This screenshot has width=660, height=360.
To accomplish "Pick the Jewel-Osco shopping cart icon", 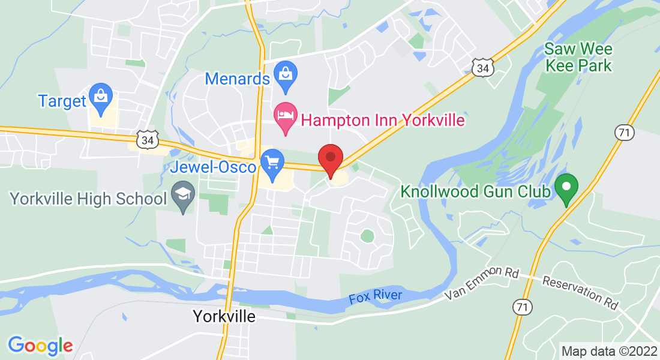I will click(272, 163).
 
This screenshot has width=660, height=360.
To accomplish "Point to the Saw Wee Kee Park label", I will click(578, 57).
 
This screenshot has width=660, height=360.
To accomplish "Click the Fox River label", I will click(376, 297).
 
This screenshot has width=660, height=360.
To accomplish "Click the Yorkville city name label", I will click(224, 316).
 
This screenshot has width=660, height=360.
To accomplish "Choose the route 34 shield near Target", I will click(146, 140).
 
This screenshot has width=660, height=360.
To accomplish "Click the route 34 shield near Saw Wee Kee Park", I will click(482, 68).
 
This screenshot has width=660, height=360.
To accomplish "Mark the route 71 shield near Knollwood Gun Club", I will click(625, 133).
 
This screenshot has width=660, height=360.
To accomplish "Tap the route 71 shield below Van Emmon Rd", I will click(523, 308).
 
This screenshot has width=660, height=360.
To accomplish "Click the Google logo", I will click(40, 346).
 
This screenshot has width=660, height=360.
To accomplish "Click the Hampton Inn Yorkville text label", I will click(382, 120).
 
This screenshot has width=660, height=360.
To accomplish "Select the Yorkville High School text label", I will click(88, 199).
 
